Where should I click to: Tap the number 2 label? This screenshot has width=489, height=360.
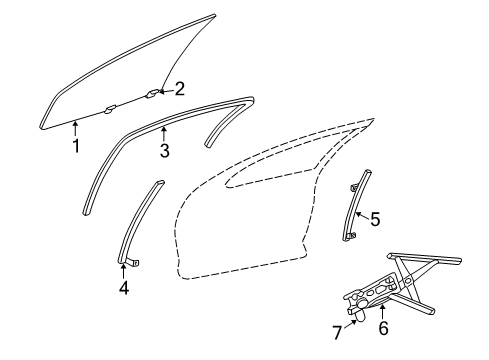pos(179,89)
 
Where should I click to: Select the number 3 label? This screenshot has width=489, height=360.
pos(165,152)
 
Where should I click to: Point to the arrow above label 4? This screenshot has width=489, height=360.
pos(124,270)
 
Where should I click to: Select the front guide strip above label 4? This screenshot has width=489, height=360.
pos(140,220)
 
